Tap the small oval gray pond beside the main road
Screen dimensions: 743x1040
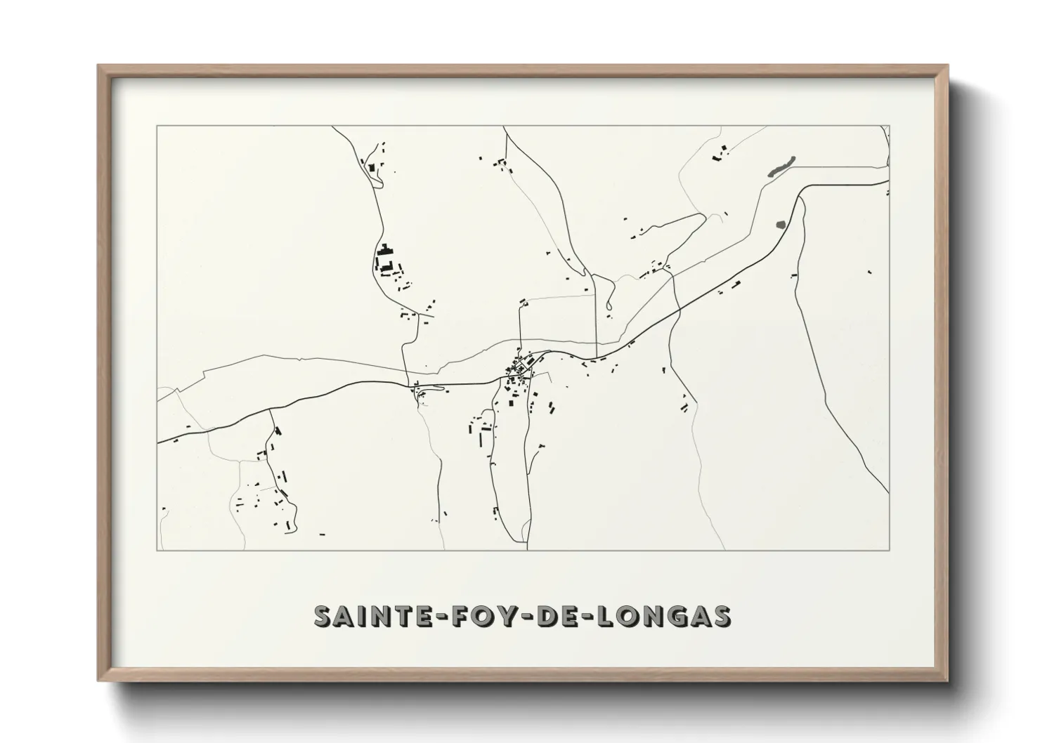[x=781, y=225]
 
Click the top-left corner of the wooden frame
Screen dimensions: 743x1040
[x=98, y=65]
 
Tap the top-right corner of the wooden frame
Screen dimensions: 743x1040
[x=947, y=65]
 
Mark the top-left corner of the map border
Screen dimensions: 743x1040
[x=157, y=126]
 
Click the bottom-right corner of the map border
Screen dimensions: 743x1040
[x=890, y=550]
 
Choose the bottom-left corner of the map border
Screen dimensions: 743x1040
[x=157, y=550]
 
